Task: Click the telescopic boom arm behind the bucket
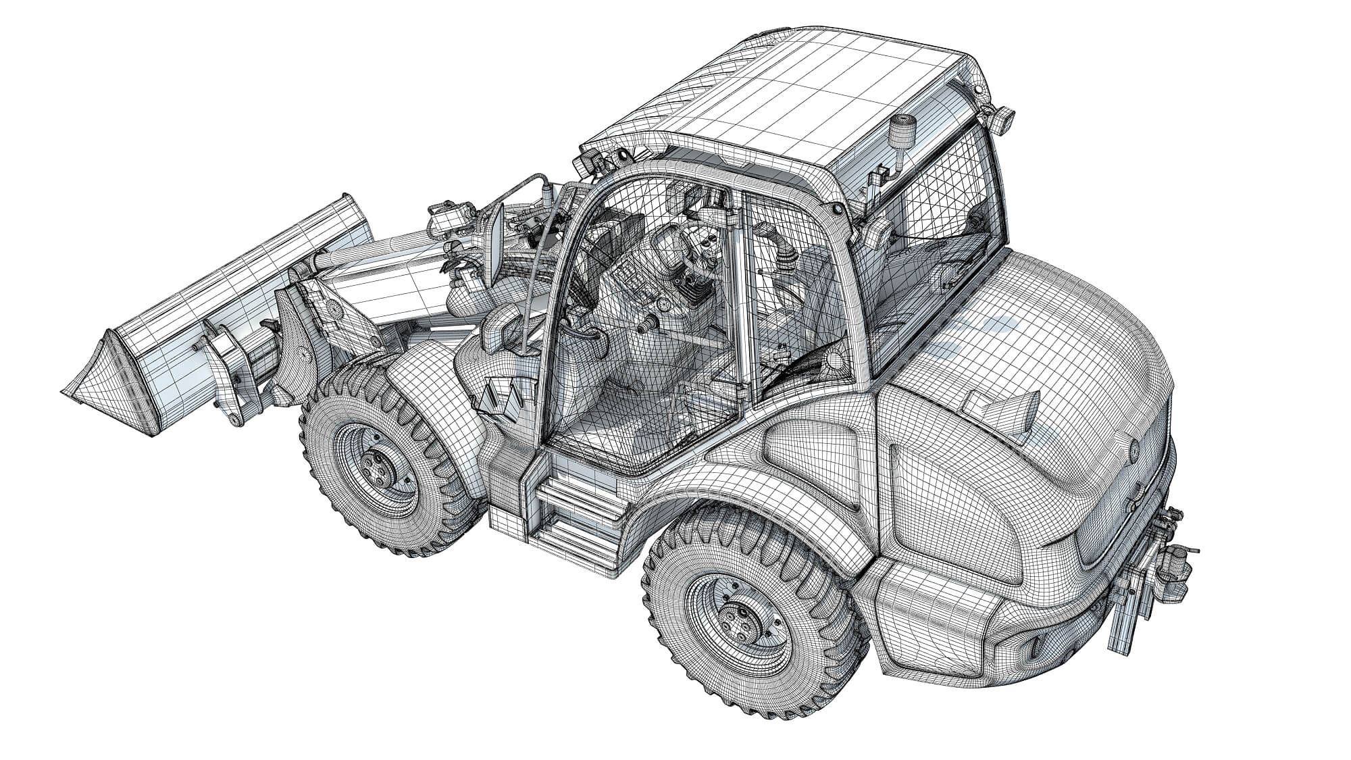click(x=399, y=270)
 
